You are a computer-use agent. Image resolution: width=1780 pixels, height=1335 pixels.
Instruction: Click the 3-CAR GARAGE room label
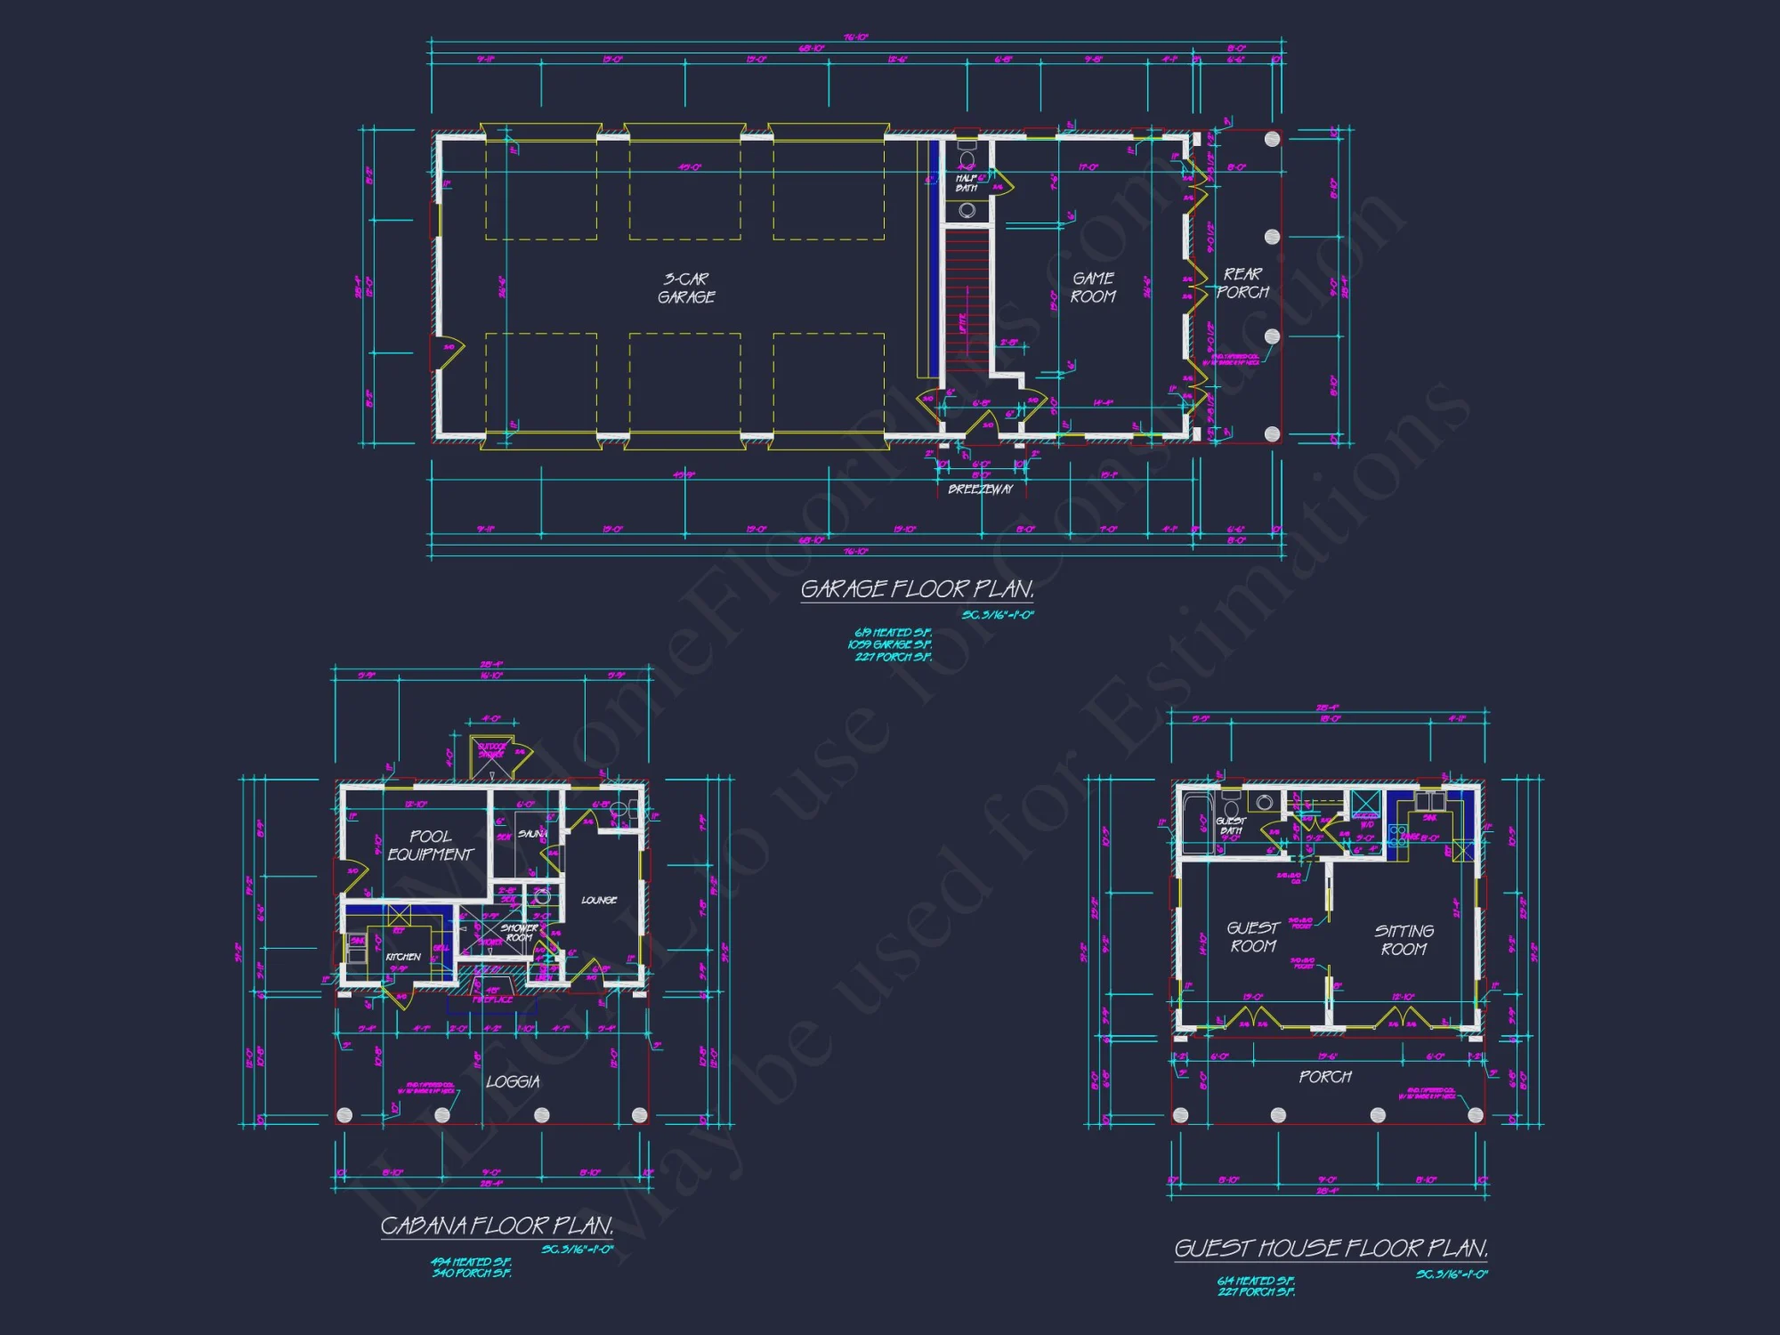click(x=686, y=288)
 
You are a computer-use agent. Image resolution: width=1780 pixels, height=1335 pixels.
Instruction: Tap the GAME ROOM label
click(x=1093, y=288)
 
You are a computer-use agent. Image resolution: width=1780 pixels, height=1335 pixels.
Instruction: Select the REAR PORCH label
click(x=1243, y=283)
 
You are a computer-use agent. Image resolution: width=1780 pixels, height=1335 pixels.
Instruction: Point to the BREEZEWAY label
click(x=980, y=489)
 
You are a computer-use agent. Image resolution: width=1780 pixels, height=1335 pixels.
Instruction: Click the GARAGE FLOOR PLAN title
click(x=917, y=589)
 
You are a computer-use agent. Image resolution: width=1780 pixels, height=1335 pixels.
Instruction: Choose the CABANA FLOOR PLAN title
click(x=497, y=1226)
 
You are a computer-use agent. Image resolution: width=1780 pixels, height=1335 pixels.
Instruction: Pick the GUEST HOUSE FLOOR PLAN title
click(x=1331, y=1249)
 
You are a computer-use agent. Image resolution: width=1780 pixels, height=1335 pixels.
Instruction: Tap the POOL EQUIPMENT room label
click(x=431, y=845)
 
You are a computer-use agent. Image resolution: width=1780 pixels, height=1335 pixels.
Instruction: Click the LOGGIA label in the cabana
click(x=513, y=1082)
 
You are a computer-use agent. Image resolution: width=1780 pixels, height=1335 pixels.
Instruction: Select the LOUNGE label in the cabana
click(x=599, y=901)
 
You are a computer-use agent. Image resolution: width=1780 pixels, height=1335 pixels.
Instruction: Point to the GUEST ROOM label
click(x=1253, y=937)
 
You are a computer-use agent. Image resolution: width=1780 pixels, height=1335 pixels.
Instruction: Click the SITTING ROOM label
click(x=1404, y=940)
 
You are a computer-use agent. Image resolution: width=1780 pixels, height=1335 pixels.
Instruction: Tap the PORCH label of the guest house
click(x=1325, y=1077)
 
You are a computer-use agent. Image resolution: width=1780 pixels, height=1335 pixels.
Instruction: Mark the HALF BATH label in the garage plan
click(x=967, y=183)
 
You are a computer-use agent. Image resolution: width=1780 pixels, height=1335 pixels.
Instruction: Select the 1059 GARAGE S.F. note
click(x=889, y=644)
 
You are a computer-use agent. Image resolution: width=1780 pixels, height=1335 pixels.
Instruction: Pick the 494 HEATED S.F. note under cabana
click(x=471, y=1262)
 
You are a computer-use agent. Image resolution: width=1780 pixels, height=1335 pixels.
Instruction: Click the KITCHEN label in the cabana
click(x=403, y=957)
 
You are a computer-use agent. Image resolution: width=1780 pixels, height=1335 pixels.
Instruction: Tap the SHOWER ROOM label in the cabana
click(x=519, y=933)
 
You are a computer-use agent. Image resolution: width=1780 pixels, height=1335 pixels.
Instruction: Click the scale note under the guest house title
click(x=1452, y=1274)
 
